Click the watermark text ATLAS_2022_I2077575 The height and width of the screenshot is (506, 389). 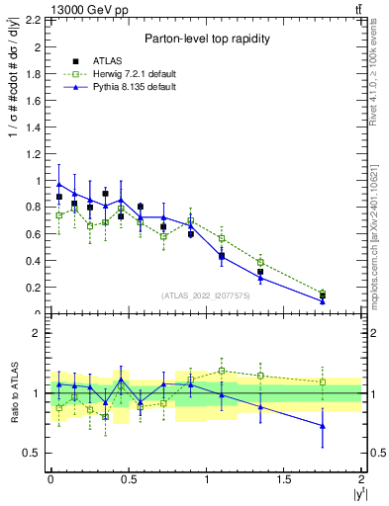pyautogui.click(x=206, y=295)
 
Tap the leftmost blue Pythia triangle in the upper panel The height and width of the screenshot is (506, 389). pyautogui.click(x=59, y=185)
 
